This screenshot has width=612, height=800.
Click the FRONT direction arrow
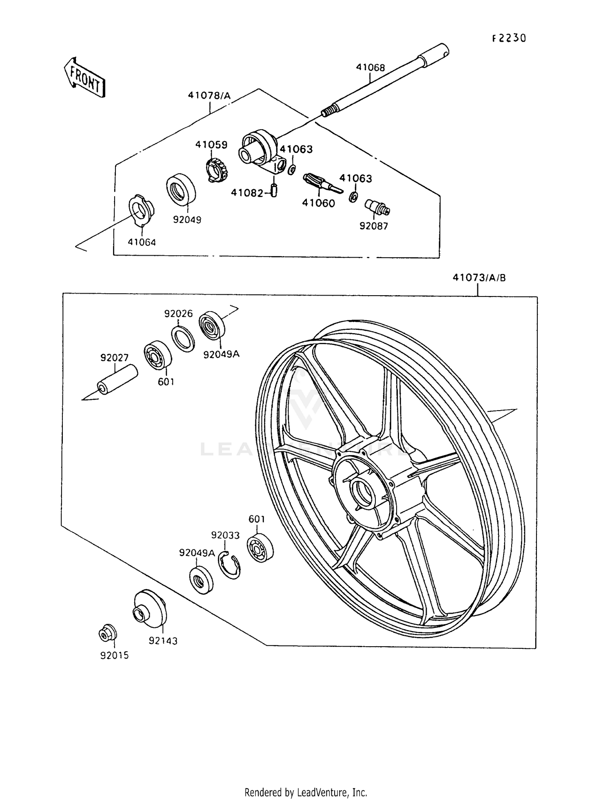85,77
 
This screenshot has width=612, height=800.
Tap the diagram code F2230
509,38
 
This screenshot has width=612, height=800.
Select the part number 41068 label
370,68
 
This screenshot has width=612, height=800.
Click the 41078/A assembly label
209,96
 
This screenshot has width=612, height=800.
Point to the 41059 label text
211,145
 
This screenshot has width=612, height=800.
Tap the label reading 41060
318,203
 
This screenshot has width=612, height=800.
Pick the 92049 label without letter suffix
187,219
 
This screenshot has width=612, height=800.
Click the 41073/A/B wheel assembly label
479,278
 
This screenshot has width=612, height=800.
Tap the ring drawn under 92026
183,338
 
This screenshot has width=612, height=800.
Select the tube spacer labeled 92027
117,379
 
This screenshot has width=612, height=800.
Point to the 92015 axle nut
108,633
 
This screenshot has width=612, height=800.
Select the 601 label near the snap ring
257,519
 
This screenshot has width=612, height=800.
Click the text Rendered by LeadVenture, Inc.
306,792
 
